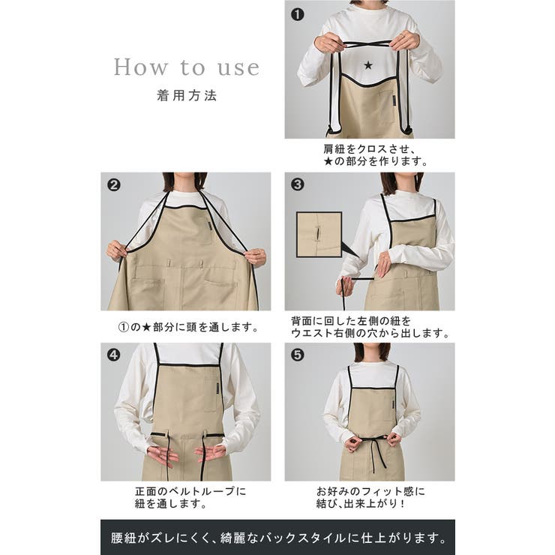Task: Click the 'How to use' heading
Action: click(x=187, y=67)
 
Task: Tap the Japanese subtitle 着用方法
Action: click(x=187, y=96)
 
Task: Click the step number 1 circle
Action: click(x=298, y=13)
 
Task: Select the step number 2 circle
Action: click(x=114, y=185)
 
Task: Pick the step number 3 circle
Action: click(x=298, y=185)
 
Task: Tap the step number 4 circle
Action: click(x=114, y=355)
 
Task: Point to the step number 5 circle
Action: click(x=298, y=355)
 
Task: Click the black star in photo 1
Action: click(x=367, y=65)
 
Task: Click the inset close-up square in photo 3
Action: click(x=319, y=235)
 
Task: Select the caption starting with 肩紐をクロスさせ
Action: click(x=370, y=154)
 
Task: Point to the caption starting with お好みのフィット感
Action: click(x=370, y=497)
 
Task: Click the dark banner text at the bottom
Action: click(x=277, y=538)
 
